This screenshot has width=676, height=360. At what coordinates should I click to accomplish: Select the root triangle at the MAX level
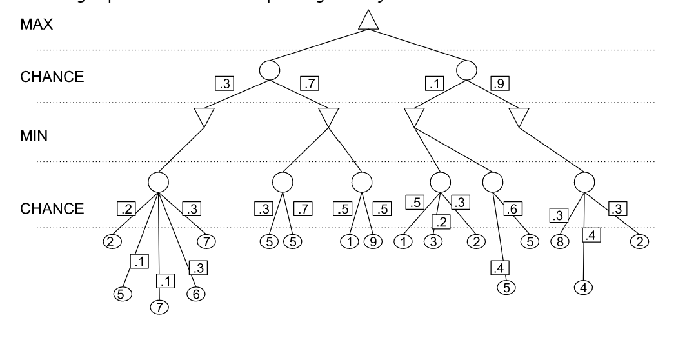click(368, 21)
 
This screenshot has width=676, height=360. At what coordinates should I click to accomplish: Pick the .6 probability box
click(513, 209)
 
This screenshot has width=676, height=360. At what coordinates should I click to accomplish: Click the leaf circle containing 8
click(559, 243)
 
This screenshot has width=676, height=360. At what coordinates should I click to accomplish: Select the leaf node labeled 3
click(431, 243)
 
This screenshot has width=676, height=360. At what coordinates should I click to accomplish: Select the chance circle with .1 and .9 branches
click(466, 70)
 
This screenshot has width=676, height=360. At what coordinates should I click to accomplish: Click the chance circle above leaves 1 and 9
click(362, 181)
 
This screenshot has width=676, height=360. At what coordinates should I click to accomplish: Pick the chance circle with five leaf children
click(159, 181)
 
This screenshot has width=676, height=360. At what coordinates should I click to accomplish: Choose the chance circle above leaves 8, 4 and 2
click(584, 181)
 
